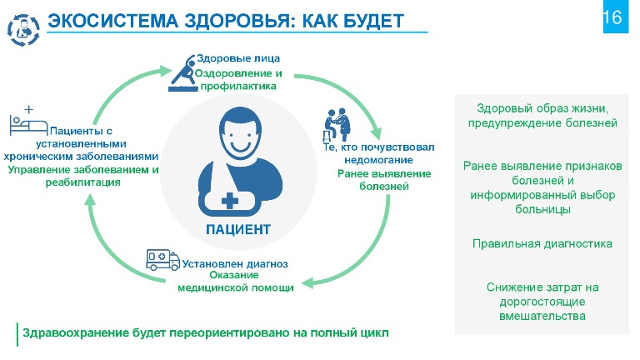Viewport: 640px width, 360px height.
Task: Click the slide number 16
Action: (612, 17)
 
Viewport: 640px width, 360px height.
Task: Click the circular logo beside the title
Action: (23, 30)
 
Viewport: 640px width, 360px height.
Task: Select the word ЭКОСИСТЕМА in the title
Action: (113, 21)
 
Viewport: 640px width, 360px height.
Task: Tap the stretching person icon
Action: (182, 73)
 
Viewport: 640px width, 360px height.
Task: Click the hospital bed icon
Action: (27, 121)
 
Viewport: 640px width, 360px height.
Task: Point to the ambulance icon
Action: (162, 260)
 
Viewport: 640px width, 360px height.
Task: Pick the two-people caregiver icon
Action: (337, 125)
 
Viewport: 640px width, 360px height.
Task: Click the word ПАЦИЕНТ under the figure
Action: (238, 229)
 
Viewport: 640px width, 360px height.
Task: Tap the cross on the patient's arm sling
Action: (230, 200)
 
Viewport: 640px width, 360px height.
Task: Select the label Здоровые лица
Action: (238, 58)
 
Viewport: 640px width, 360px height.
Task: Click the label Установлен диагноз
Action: (235, 264)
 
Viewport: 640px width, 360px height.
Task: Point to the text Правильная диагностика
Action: (542, 243)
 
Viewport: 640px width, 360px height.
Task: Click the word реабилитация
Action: (82, 182)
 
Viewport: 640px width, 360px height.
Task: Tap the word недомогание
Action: (379, 160)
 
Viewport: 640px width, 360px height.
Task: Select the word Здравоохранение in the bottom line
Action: (75, 332)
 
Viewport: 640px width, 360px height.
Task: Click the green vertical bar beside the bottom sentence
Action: (17, 335)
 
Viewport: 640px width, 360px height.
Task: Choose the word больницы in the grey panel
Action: (542, 209)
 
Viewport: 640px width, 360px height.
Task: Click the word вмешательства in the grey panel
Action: (542, 316)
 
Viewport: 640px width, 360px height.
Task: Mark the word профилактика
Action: (238, 86)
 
